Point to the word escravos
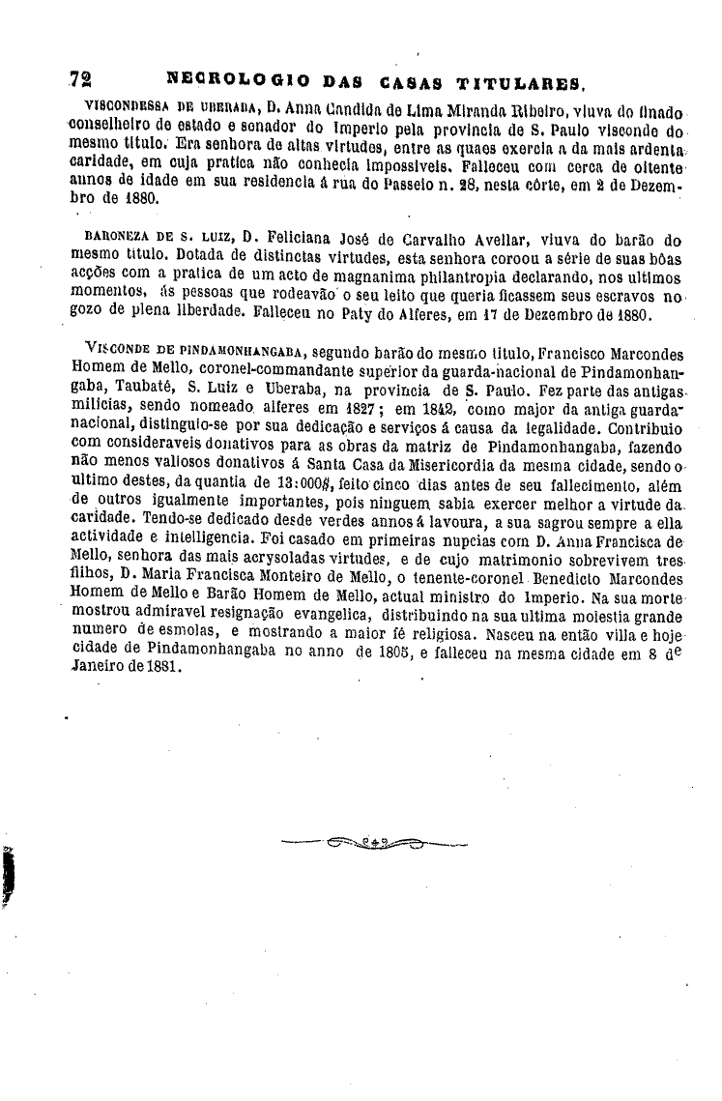click(x=625, y=297)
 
